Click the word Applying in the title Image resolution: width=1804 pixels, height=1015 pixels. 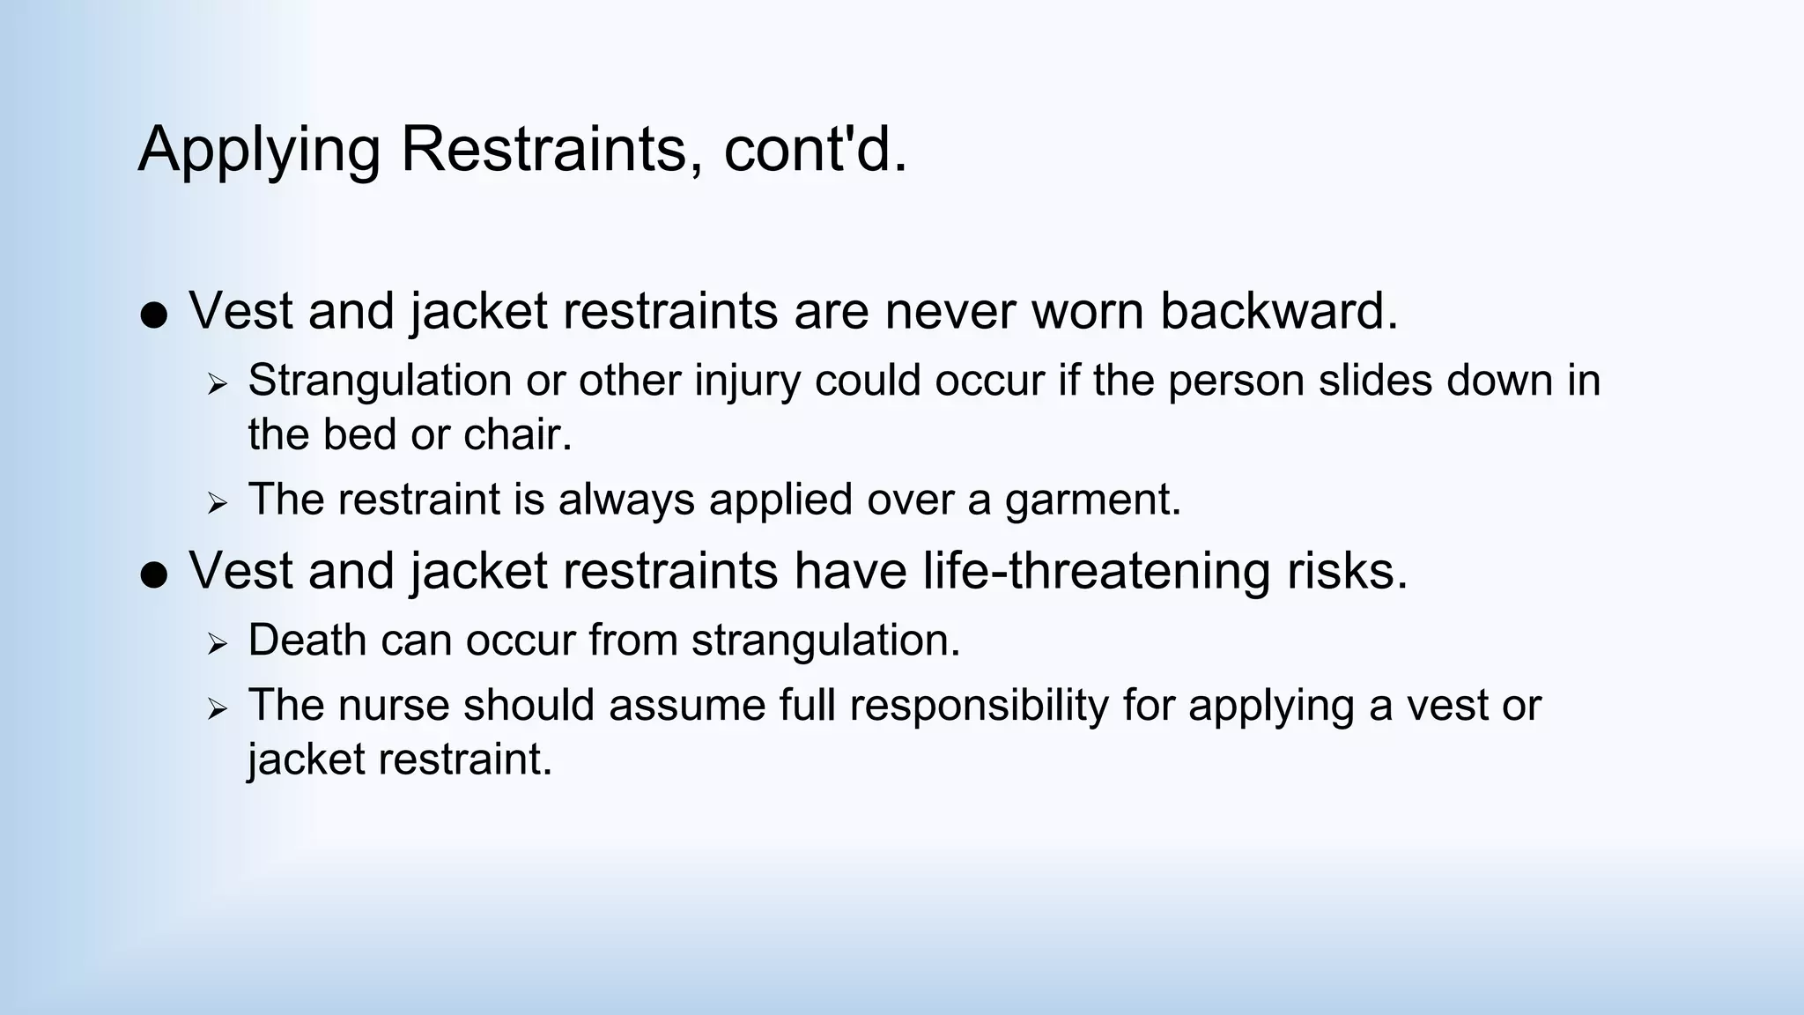click(x=259, y=150)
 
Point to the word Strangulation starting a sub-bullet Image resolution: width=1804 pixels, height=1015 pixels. click(x=380, y=381)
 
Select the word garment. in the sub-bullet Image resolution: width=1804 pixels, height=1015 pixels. click(x=1092, y=500)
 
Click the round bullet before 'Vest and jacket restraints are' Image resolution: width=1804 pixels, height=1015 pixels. click(x=154, y=316)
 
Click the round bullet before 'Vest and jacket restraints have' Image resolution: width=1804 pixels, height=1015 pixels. click(x=154, y=575)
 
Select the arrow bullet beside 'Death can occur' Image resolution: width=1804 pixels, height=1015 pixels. click(x=218, y=644)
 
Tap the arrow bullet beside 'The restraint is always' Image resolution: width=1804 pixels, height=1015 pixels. click(x=218, y=504)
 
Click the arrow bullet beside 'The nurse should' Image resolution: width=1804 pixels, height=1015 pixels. click(x=218, y=709)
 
